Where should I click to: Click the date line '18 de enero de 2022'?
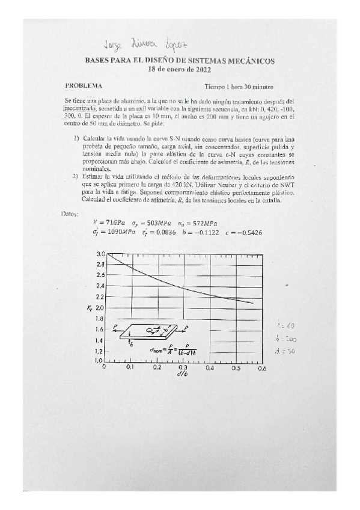coord(180,69)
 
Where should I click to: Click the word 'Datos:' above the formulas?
coord(71,213)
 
